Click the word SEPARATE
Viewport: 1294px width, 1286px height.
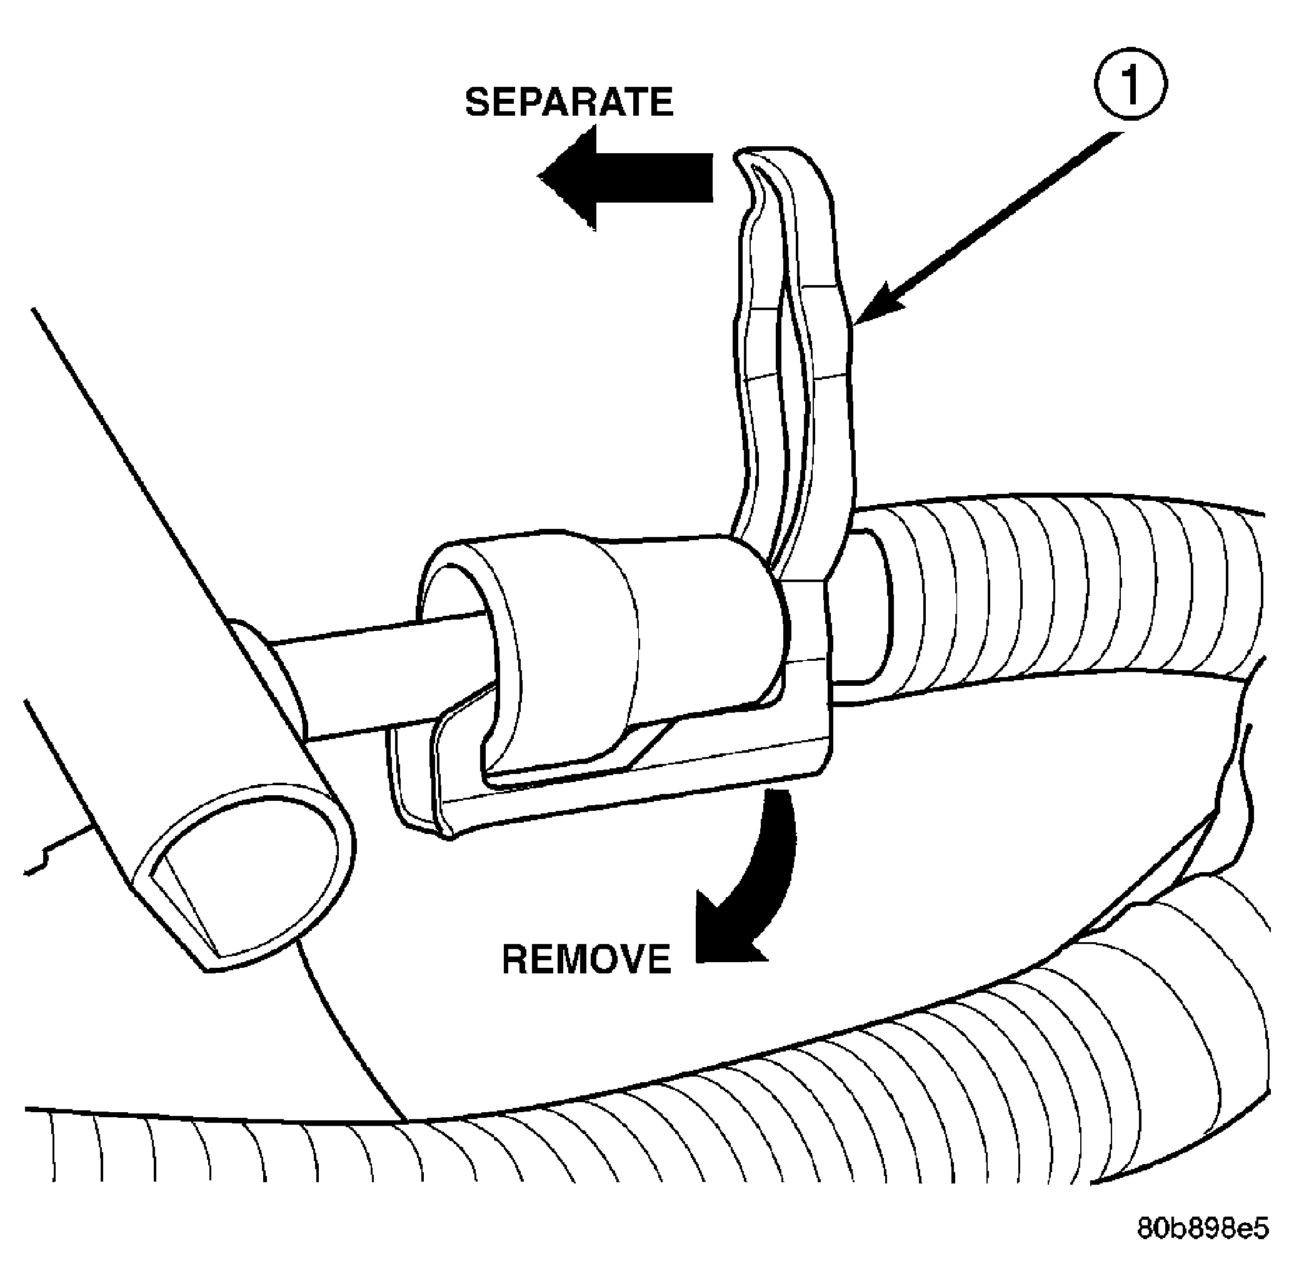click(x=569, y=103)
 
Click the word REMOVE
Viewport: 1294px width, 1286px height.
click(x=586, y=959)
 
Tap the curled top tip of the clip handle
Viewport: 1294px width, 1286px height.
click(x=757, y=168)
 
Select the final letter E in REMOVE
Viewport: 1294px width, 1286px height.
click(x=656, y=959)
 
